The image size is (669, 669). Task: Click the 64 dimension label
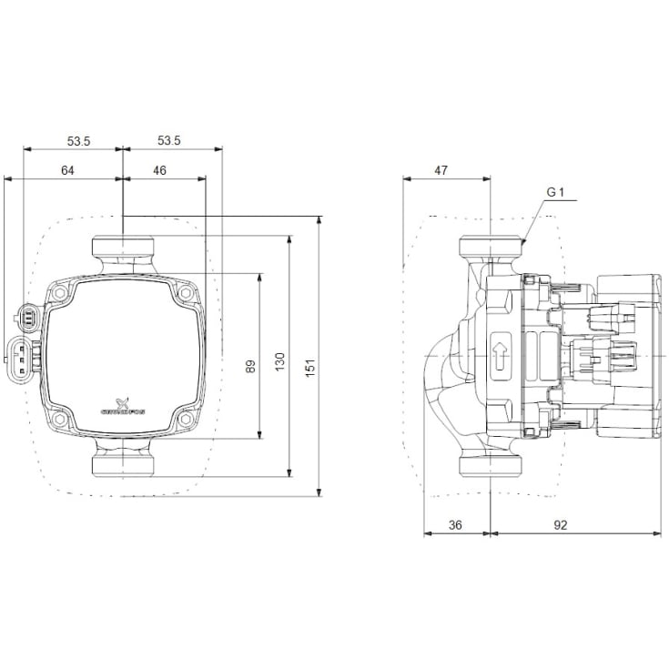[67, 170]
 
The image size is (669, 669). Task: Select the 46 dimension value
[159, 170]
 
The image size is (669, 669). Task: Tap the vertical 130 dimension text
[279, 360]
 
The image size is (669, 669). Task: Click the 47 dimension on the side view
[441, 170]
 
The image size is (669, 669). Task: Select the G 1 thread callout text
[556, 192]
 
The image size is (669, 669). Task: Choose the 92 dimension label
[561, 525]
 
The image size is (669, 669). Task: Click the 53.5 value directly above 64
[79, 140]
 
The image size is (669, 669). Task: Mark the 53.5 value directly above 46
[169, 140]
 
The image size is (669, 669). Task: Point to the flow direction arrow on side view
[500, 356]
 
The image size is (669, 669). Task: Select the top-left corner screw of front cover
[59, 295]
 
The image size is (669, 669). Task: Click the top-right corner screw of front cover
[187, 295]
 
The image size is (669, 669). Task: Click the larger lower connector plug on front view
[18, 357]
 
